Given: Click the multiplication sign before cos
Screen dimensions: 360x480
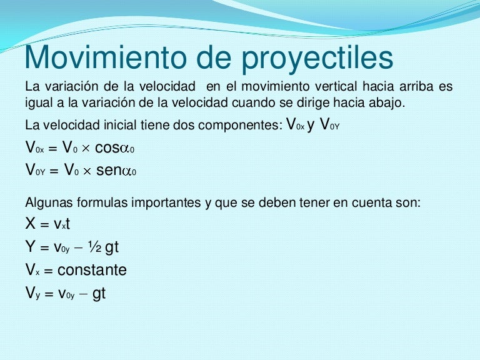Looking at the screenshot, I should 85,149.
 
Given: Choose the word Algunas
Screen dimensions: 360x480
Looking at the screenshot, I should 47,202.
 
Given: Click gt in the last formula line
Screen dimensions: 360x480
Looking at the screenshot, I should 99,293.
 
